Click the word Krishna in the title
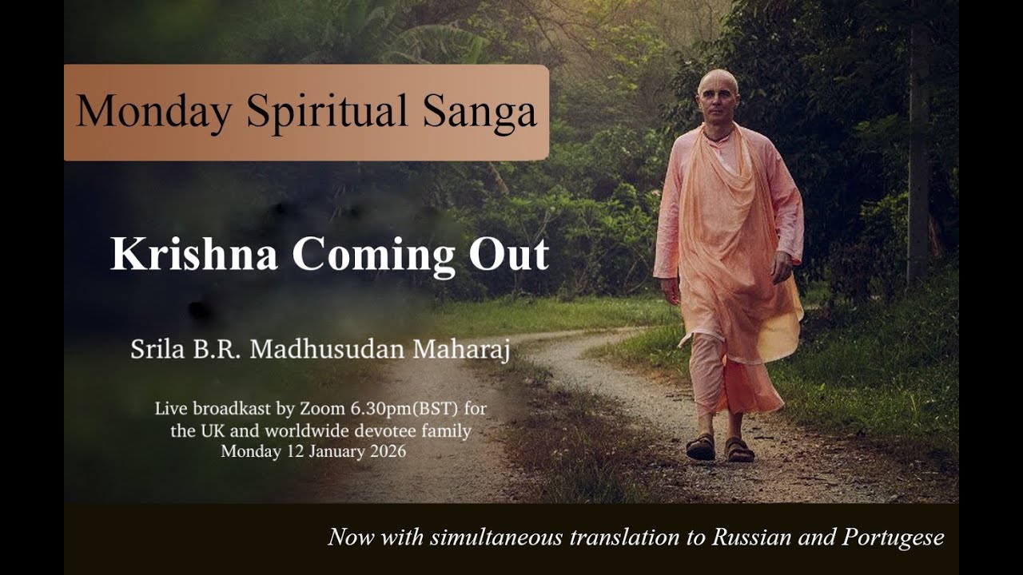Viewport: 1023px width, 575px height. coord(194,254)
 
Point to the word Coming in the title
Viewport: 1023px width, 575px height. coord(370,254)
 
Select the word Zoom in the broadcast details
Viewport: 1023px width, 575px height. coord(321,410)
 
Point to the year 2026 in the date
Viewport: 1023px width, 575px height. coord(387,452)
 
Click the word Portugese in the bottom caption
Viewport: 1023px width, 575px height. coord(893,537)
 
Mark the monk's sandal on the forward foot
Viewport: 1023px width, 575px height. coord(701,447)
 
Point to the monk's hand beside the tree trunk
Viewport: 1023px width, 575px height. coord(782,268)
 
